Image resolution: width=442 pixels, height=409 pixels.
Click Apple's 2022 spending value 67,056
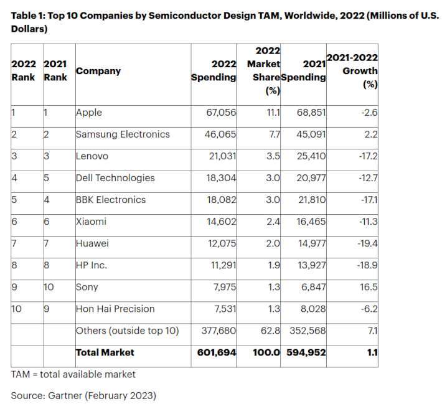coord(221,113)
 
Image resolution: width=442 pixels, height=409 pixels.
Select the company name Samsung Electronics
coord(123,134)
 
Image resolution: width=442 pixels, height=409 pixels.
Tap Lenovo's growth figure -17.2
coord(368,156)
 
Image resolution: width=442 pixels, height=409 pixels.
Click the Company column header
coord(98,71)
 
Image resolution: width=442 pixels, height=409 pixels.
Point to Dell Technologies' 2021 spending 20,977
coord(311,178)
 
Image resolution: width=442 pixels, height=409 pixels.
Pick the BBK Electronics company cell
coord(111,200)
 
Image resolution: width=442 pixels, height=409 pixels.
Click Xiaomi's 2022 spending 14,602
coord(221,222)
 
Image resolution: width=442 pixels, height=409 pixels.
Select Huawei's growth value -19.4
coord(367,243)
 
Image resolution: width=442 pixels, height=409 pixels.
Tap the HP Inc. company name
coord(92,265)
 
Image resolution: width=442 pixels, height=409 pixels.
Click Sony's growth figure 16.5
coord(369,287)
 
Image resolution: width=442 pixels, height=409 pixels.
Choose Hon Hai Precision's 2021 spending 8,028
coord(313,309)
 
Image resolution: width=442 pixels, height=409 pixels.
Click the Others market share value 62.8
coord(270,331)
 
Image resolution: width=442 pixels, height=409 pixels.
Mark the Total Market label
coord(105,352)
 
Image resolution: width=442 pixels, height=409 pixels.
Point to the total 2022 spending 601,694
coord(217,352)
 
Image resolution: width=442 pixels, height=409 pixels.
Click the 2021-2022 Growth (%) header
coord(352,71)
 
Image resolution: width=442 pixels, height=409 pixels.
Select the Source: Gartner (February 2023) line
coord(83,396)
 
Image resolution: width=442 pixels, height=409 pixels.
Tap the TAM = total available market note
coord(73,374)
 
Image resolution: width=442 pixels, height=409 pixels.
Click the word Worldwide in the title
coord(311,16)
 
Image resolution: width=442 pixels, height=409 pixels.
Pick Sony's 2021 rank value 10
coord(49,287)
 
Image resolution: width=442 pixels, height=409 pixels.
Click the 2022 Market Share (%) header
coord(264,71)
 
